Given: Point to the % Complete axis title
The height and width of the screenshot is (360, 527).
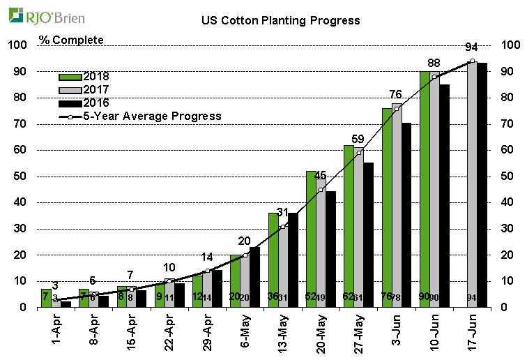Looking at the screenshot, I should (x=71, y=40).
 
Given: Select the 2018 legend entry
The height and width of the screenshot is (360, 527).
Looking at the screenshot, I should (x=84, y=76).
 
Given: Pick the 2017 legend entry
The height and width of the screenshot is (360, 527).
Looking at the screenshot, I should (x=84, y=89).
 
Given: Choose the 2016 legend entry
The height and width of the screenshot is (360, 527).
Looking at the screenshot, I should (x=84, y=103).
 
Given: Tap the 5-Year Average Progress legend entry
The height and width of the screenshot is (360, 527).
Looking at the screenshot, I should (x=140, y=116).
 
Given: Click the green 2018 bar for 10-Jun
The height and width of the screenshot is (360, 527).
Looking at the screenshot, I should (x=425, y=188).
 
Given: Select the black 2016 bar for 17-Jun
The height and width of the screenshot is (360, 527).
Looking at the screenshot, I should (x=482, y=185).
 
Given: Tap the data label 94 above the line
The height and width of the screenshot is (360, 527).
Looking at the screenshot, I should (x=472, y=47).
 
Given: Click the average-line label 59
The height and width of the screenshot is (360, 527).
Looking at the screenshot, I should (x=358, y=139).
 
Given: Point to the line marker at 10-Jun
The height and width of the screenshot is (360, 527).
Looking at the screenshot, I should (x=434, y=77).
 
